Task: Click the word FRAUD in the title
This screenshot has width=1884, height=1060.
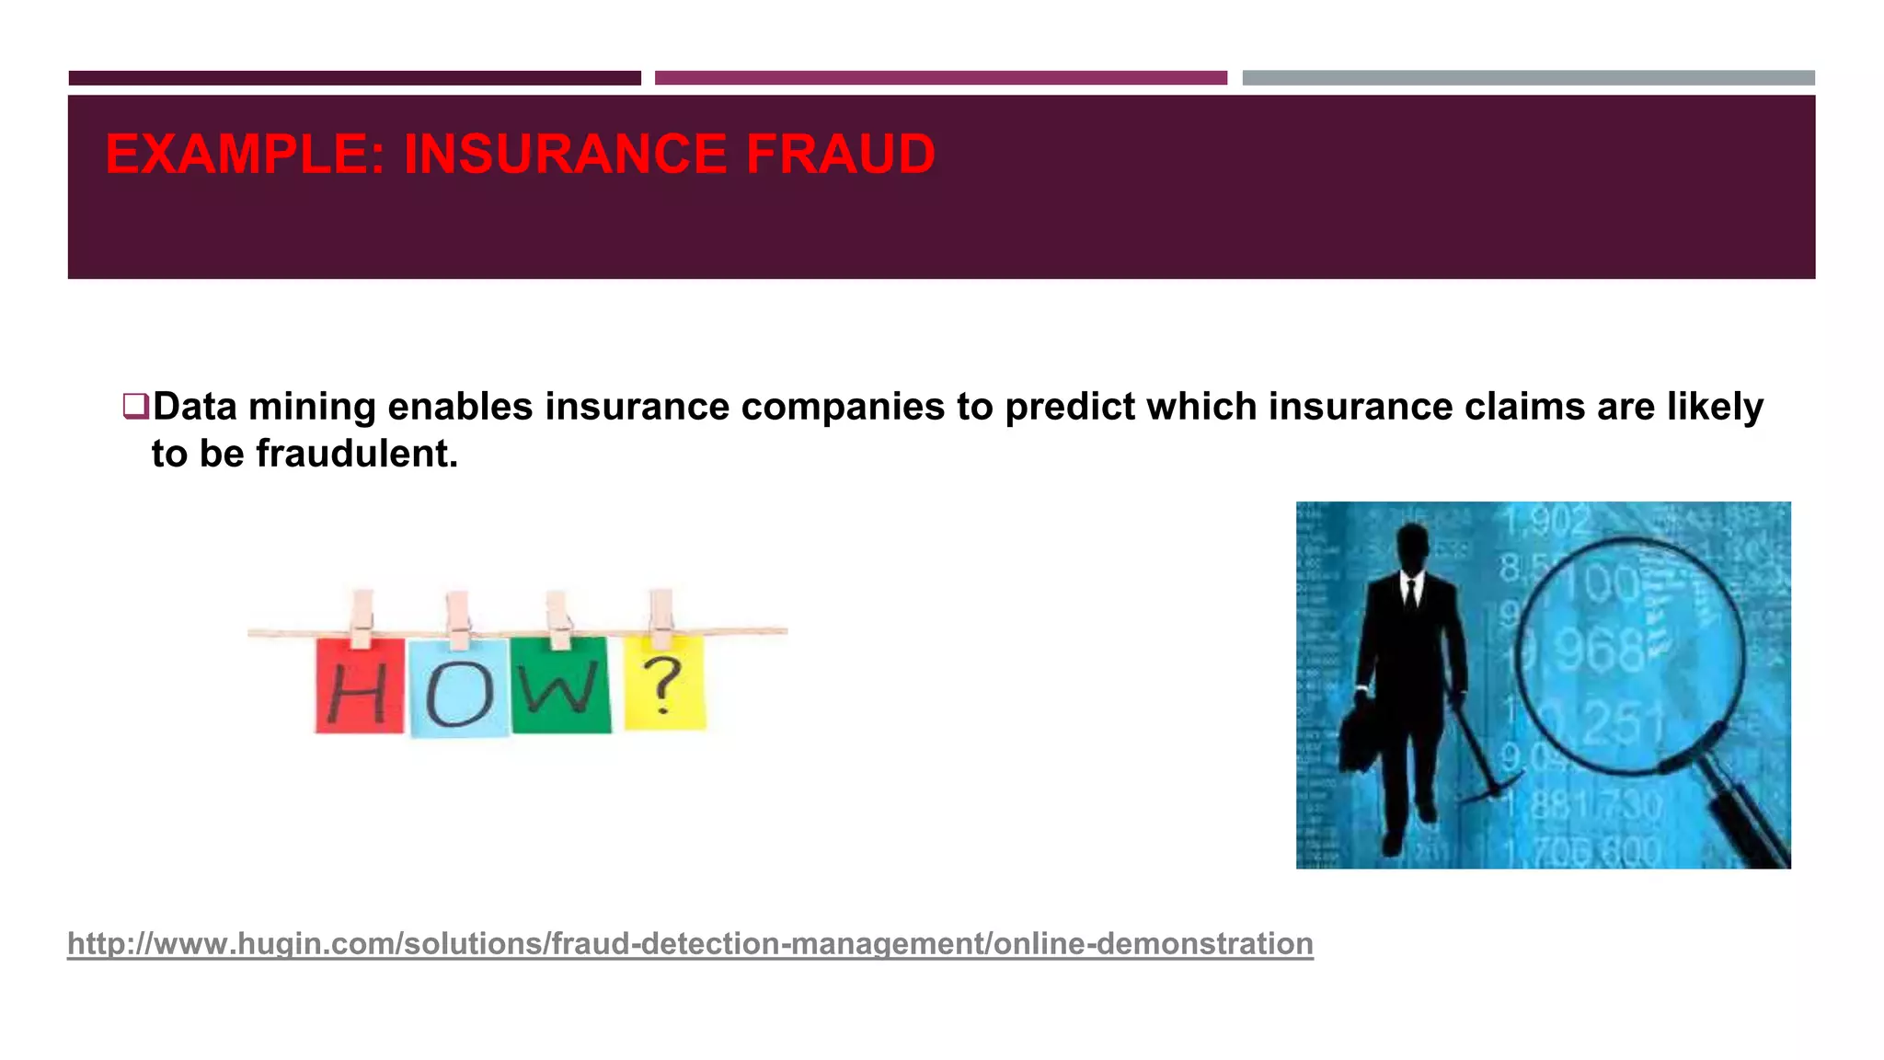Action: tap(840, 154)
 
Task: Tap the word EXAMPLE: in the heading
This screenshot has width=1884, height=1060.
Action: tap(245, 154)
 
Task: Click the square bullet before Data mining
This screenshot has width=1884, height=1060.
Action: tap(135, 406)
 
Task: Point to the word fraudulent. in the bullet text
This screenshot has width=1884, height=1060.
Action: tap(356, 454)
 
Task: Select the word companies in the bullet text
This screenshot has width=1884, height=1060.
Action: tap(842, 407)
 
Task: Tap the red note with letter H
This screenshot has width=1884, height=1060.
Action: tap(359, 686)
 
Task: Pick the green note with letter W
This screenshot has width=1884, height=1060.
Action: tap(560, 685)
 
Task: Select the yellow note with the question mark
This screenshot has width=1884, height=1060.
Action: tap(664, 683)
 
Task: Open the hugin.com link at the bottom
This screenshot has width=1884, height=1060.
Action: tap(690, 944)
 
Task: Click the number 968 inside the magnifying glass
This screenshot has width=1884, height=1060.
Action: tap(1602, 651)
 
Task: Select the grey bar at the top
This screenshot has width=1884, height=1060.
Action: tap(1528, 78)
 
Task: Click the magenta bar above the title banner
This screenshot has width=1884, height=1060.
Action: tap(940, 78)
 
